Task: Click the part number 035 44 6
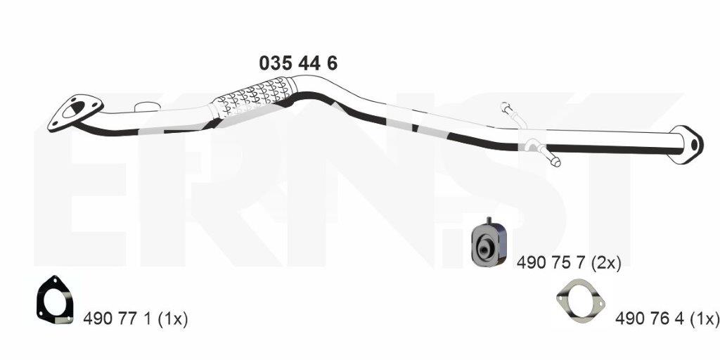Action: [298, 63]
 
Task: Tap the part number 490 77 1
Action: [117, 319]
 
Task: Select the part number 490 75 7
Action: [551, 263]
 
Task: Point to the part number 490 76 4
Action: [650, 319]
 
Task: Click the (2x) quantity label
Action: [606, 263]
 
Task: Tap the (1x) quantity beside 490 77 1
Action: [173, 319]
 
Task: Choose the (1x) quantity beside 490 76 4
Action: [704, 319]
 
